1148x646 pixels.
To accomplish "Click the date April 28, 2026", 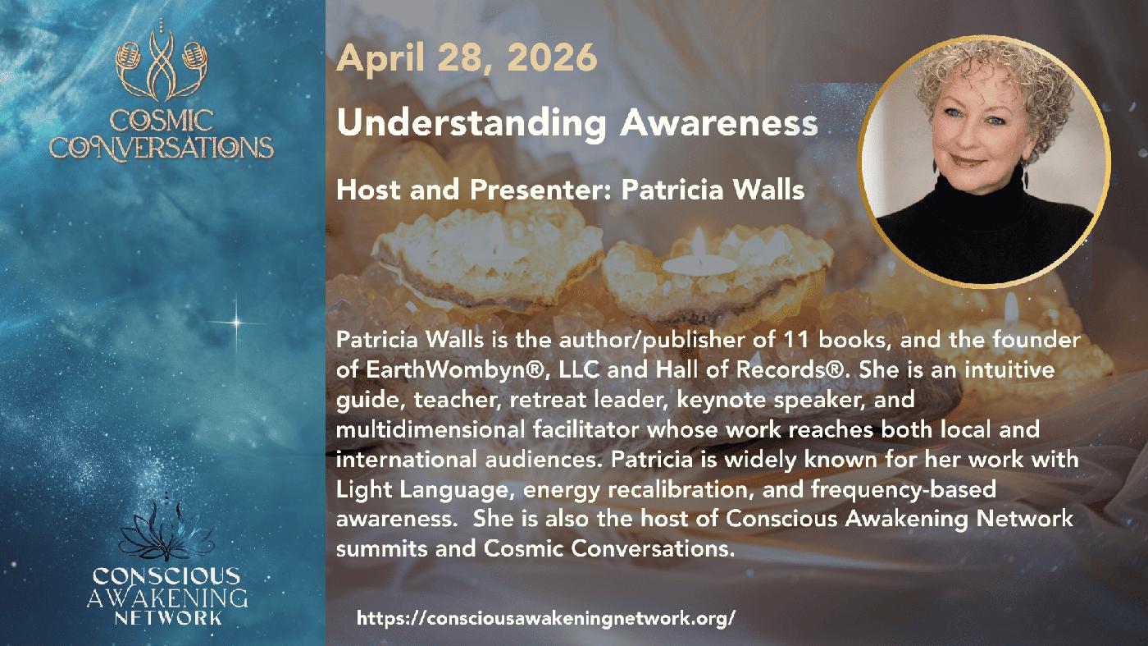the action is click(x=467, y=57).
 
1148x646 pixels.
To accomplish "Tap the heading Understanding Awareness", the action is click(x=577, y=124).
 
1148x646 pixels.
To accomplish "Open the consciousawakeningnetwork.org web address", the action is click(x=546, y=618).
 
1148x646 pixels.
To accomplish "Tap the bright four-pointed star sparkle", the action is click(x=236, y=323).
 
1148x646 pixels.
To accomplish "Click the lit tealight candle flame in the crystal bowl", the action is click(x=699, y=241).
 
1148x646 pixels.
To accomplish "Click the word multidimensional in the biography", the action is click(x=430, y=429).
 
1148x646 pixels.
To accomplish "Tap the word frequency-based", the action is click(x=904, y=489).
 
